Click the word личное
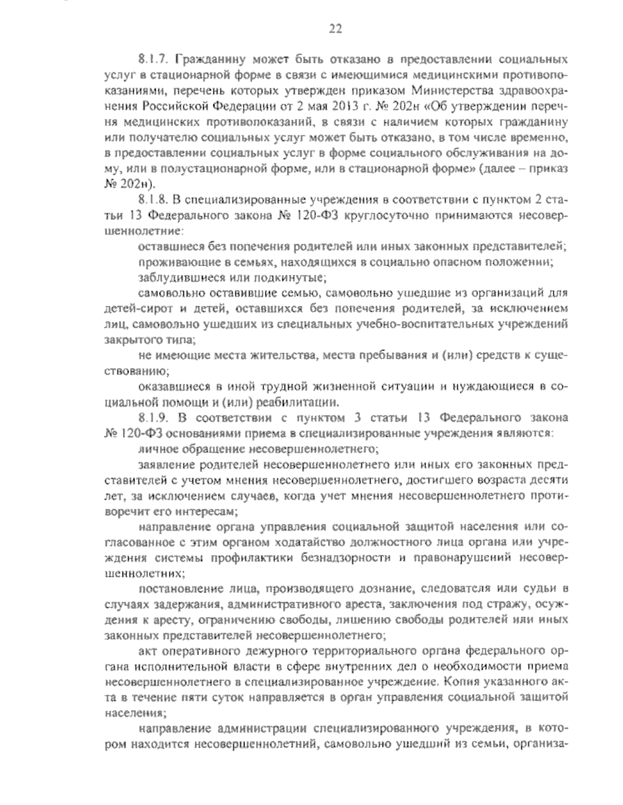click(155, 446)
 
